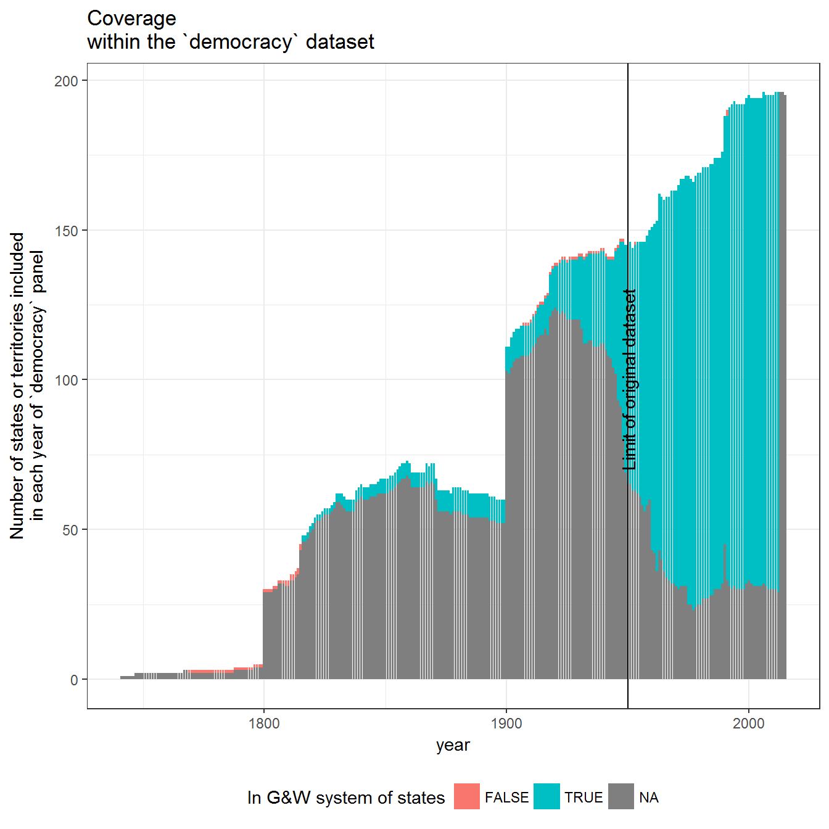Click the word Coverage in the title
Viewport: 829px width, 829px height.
click(x=131, y=19)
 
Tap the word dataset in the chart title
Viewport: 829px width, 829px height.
click(x=340, y=42)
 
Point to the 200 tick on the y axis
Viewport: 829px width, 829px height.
click(x=66, y=81)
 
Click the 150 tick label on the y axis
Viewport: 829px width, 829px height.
click(x=66, y=231)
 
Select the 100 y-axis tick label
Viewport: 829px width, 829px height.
click(x=66, y=381)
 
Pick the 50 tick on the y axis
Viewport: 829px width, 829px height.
click(x=70, y=530)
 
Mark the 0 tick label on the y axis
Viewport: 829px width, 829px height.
click(x=74, y=680)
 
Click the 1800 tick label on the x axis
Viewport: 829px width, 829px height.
click(x=264, y=724)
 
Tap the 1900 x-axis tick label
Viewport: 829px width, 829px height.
click(x=506, y=724)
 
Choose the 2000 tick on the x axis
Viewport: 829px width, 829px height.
click(x=749, y=724)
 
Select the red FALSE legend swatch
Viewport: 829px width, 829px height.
click(x=467, y=796)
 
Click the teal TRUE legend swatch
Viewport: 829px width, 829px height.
click(x=546, y=796)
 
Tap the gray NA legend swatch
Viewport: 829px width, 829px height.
click(x=621, y=796)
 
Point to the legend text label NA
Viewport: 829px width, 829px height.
click(x=649, y=797)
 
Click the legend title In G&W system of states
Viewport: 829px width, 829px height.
click(x=346, y=798)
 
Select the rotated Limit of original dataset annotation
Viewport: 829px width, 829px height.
click(x=629, y=379)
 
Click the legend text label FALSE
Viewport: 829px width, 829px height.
click(x=506, y=797)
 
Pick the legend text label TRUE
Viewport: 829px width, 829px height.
click(x=584, y=797)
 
